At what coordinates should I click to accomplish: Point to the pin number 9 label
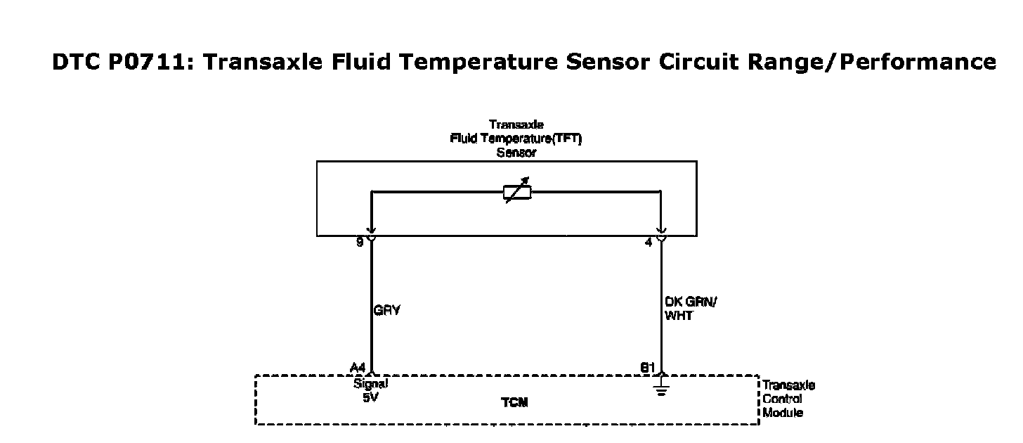pyautogui.click(x=360, y=243)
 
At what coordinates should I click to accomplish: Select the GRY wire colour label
pyautogui.click(x=387, y=309)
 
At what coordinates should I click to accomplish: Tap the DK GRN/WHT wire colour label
pyautogui.click(x=689, y=309)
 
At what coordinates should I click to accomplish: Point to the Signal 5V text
pyautogui.click(x=370, y=390)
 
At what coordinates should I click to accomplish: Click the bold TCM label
pyautogui.click(x=514, y=403)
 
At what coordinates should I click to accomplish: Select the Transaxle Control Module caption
pyautogui.click(x=788, y=399)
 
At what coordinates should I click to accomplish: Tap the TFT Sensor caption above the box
pyautogui.click(x=516, y=139)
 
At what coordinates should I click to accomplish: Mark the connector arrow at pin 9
pyautogui.click(x=371, y=234)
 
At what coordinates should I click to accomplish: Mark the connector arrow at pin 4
pyautogui.click(x=661, y=234)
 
